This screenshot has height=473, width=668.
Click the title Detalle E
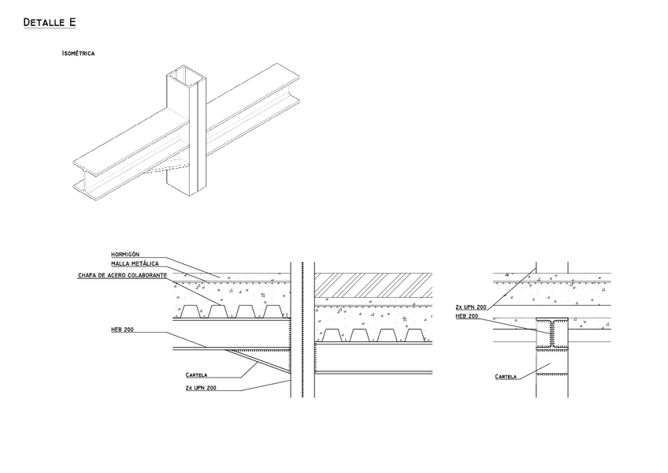coord(50,23)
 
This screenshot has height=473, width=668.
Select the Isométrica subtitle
coord(78,54)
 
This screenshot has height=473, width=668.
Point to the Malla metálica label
coord(135,263)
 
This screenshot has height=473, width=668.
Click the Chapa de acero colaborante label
coord(122,275)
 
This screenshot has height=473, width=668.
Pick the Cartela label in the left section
coord(196,374)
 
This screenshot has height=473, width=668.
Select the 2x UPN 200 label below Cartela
coord(201,388)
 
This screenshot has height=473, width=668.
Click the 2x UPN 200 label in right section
coord(471,306)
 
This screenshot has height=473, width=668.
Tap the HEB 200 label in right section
coord(467,316)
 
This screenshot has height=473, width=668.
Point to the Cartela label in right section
coord(506,377)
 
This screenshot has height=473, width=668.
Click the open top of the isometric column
coord(187,76)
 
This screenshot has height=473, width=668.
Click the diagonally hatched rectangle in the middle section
coord(373,285)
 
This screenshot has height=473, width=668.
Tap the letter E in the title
coord(72,23)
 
